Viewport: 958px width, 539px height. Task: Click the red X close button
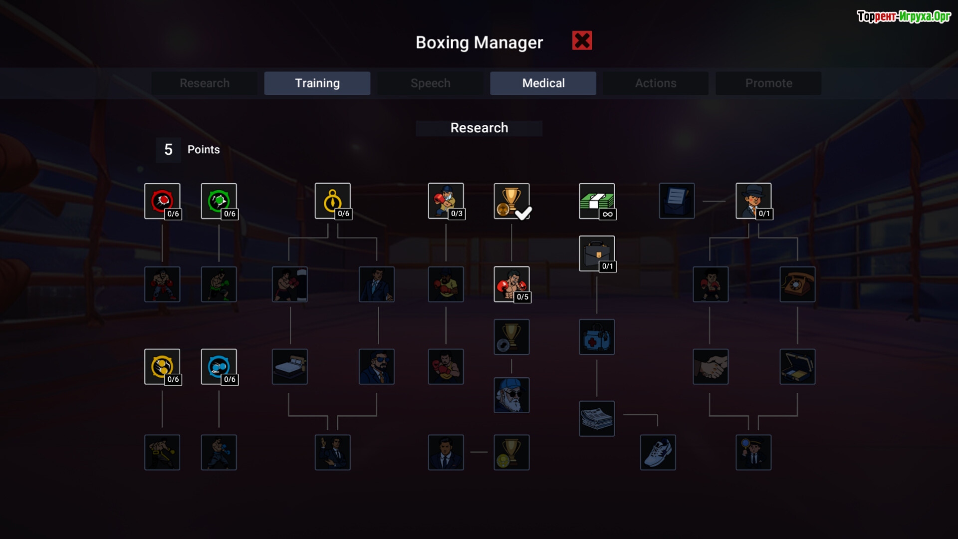point(582,41)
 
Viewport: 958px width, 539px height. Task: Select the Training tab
point(317,83)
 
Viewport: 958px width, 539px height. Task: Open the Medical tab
point(543,83)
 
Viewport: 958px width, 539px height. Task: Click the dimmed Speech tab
point(430,83)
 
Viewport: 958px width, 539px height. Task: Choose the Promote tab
point(768,83)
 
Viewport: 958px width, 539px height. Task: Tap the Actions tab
point(656,83)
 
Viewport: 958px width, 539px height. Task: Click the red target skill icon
point(162,201)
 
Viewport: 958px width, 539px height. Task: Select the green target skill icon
point(219,201)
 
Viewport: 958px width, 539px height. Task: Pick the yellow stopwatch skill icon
point(333,201)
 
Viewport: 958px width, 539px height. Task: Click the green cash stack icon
point(597,201)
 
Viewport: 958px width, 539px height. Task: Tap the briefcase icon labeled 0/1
point(597,254)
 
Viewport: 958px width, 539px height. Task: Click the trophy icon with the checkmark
point(511,201)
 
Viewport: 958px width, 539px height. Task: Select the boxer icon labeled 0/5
point(511,284)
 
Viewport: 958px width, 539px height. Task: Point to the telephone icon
point(797,284)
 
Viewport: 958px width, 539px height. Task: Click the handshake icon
point(711,367)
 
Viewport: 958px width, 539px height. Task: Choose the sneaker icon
point(658,453)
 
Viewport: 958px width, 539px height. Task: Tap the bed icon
point(290,367)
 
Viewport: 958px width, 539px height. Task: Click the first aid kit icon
point(597,337)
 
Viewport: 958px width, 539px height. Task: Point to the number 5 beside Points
point(169,150)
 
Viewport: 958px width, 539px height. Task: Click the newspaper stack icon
point(597,419)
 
